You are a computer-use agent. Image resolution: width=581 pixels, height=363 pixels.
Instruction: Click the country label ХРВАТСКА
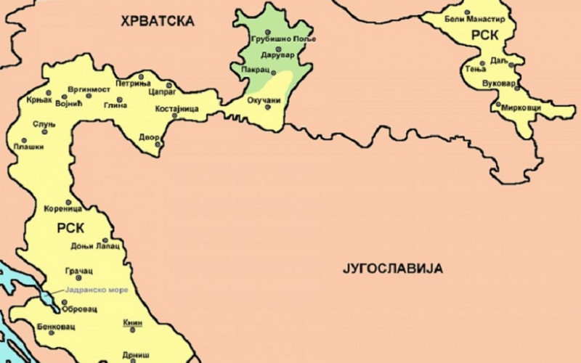tap(158, 20)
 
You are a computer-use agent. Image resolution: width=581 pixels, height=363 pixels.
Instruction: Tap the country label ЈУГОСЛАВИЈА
tap(392, 269)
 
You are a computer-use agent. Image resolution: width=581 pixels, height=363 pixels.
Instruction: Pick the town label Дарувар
tap(275, 54)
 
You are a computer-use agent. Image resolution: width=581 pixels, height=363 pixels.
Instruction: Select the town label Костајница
tap(176, 109)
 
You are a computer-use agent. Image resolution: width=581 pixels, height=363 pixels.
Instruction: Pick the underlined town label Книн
tap(132, 323)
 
